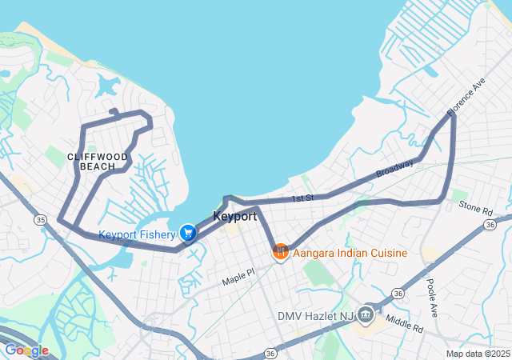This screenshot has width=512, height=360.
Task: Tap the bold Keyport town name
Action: coord(235,217)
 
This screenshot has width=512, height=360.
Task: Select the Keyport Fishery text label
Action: coord(136,234)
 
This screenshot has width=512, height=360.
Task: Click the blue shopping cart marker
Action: coord(187,233)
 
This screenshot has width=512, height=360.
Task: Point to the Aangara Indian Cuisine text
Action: coord(350,253)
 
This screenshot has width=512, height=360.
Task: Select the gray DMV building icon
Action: coord(367,313)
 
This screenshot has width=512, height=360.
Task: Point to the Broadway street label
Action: coord(395,169)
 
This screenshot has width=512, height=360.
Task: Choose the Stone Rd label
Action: coord(475,210)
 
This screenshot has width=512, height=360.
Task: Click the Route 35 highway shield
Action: coord(40,218)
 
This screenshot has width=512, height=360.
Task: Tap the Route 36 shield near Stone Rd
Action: coord(490,226)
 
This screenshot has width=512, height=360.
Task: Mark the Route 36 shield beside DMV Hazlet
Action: coord(398,294)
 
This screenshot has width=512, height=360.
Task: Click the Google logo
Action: coord(26,350)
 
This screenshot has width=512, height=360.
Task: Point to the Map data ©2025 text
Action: coord(477,354)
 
